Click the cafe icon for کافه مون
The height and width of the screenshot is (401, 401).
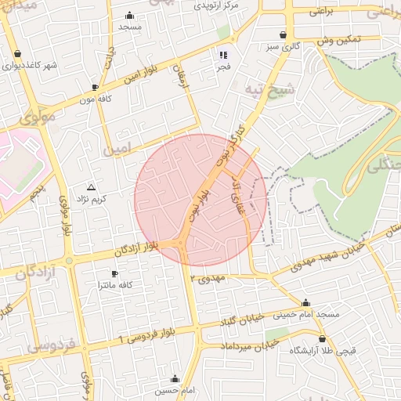95,87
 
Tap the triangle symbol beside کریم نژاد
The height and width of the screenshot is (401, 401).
92,188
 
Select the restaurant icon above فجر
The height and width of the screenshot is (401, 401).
223,56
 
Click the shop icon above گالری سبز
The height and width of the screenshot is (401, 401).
283,35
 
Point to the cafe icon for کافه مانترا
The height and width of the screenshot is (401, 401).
115,273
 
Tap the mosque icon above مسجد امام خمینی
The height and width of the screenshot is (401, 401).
305,303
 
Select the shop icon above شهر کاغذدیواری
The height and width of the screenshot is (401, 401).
17,54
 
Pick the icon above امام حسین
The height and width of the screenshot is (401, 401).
175,379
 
